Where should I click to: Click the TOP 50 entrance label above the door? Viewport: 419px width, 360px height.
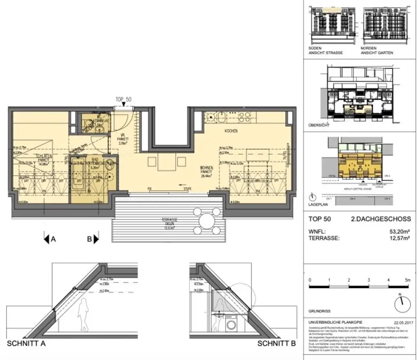pyautogui.click(x=123, y=99)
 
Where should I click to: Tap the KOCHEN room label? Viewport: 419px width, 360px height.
pyautogui.click(x=230, y=131)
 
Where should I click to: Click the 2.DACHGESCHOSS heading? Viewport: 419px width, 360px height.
pyautogui.click(x=372, y=219)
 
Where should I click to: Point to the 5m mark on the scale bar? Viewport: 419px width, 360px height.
pyautogui.click(x=407, y=280)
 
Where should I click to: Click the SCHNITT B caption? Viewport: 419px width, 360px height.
pyautogui.click(x=276, y=344)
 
